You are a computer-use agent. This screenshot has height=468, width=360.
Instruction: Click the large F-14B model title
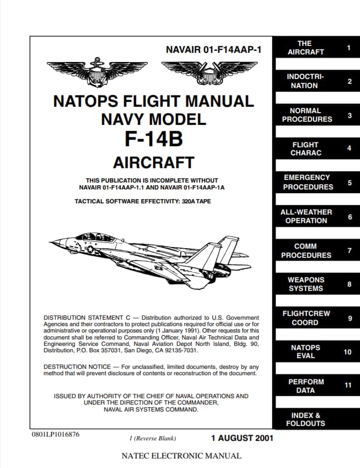point(154,138)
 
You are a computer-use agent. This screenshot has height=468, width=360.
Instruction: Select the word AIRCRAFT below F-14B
point(154,162)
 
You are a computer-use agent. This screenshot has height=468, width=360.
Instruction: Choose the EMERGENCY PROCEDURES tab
point(308,182)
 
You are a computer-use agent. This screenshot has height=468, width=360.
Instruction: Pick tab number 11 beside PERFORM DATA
point(348,385)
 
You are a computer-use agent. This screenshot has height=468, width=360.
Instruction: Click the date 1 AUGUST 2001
point(242,438)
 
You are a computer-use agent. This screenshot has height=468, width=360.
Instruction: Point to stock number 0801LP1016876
point(55,434)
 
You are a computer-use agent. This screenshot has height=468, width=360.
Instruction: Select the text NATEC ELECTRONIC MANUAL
point(181,456)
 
